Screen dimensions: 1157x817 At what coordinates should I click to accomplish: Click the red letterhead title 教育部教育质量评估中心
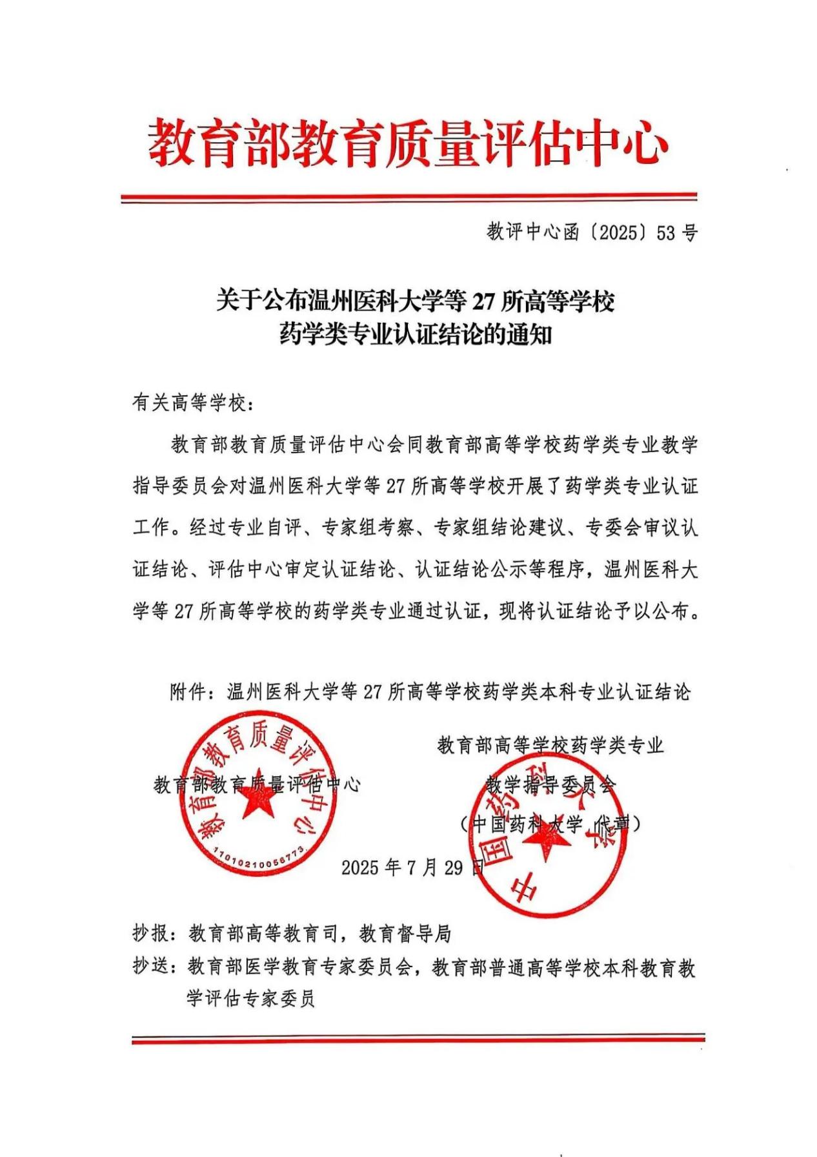[x=408, y=143]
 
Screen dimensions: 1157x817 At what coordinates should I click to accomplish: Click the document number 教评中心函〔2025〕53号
[x=592, y=233]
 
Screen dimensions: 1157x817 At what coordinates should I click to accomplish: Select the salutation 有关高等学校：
[x=194, y=404]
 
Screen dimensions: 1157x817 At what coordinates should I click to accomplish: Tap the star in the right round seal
[x=546, y=839]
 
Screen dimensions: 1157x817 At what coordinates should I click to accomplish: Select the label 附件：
[x=197, y=693]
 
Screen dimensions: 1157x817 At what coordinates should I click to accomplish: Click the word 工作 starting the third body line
[x=151, y=527]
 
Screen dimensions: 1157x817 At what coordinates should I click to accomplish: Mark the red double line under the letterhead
[x=408, y=198]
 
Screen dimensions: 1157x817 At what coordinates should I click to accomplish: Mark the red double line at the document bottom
[x=418, y=1039]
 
